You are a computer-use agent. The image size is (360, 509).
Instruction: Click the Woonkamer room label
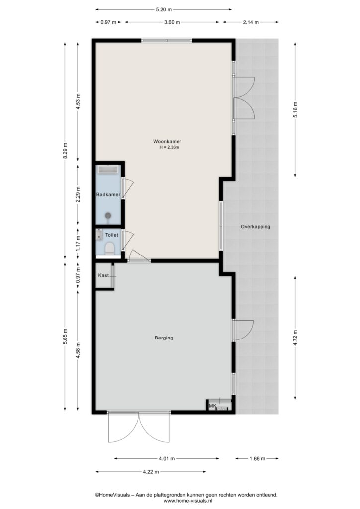click(167, 142)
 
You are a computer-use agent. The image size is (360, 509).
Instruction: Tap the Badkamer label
click(108, 195)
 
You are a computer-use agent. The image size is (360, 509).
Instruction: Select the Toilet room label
click(112, 235)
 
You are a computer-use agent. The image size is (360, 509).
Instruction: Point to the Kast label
click(103, 275)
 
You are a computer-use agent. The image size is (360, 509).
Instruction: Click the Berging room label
click(164, 338)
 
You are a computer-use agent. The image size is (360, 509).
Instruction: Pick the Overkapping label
click(255, 227)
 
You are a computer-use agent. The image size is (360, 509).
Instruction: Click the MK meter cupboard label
click(213, 406)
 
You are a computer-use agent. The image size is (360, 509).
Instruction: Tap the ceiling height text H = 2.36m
click(169, 147)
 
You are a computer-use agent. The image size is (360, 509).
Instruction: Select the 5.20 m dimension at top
click(164, 10)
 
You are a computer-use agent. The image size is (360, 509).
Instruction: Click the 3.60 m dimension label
click(172, 22)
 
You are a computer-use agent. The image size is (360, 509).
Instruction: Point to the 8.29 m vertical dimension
click(65, 151)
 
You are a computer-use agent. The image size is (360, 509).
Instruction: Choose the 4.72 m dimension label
click(295, 338)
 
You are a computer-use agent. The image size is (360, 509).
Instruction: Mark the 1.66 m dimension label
click(257, 459)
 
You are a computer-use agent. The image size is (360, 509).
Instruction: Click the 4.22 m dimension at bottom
click(151, 472)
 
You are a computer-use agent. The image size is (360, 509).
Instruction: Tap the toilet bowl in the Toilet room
click(110, 249)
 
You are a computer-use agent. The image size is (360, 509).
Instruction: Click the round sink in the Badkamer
click(108, 216)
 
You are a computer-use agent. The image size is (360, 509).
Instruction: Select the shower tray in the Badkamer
click(108, 170)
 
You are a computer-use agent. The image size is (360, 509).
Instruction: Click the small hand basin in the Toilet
click(99, 235)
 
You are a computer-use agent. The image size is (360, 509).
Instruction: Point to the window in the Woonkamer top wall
click(167, 41)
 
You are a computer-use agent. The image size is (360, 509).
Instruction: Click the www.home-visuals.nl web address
click(186, 501)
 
